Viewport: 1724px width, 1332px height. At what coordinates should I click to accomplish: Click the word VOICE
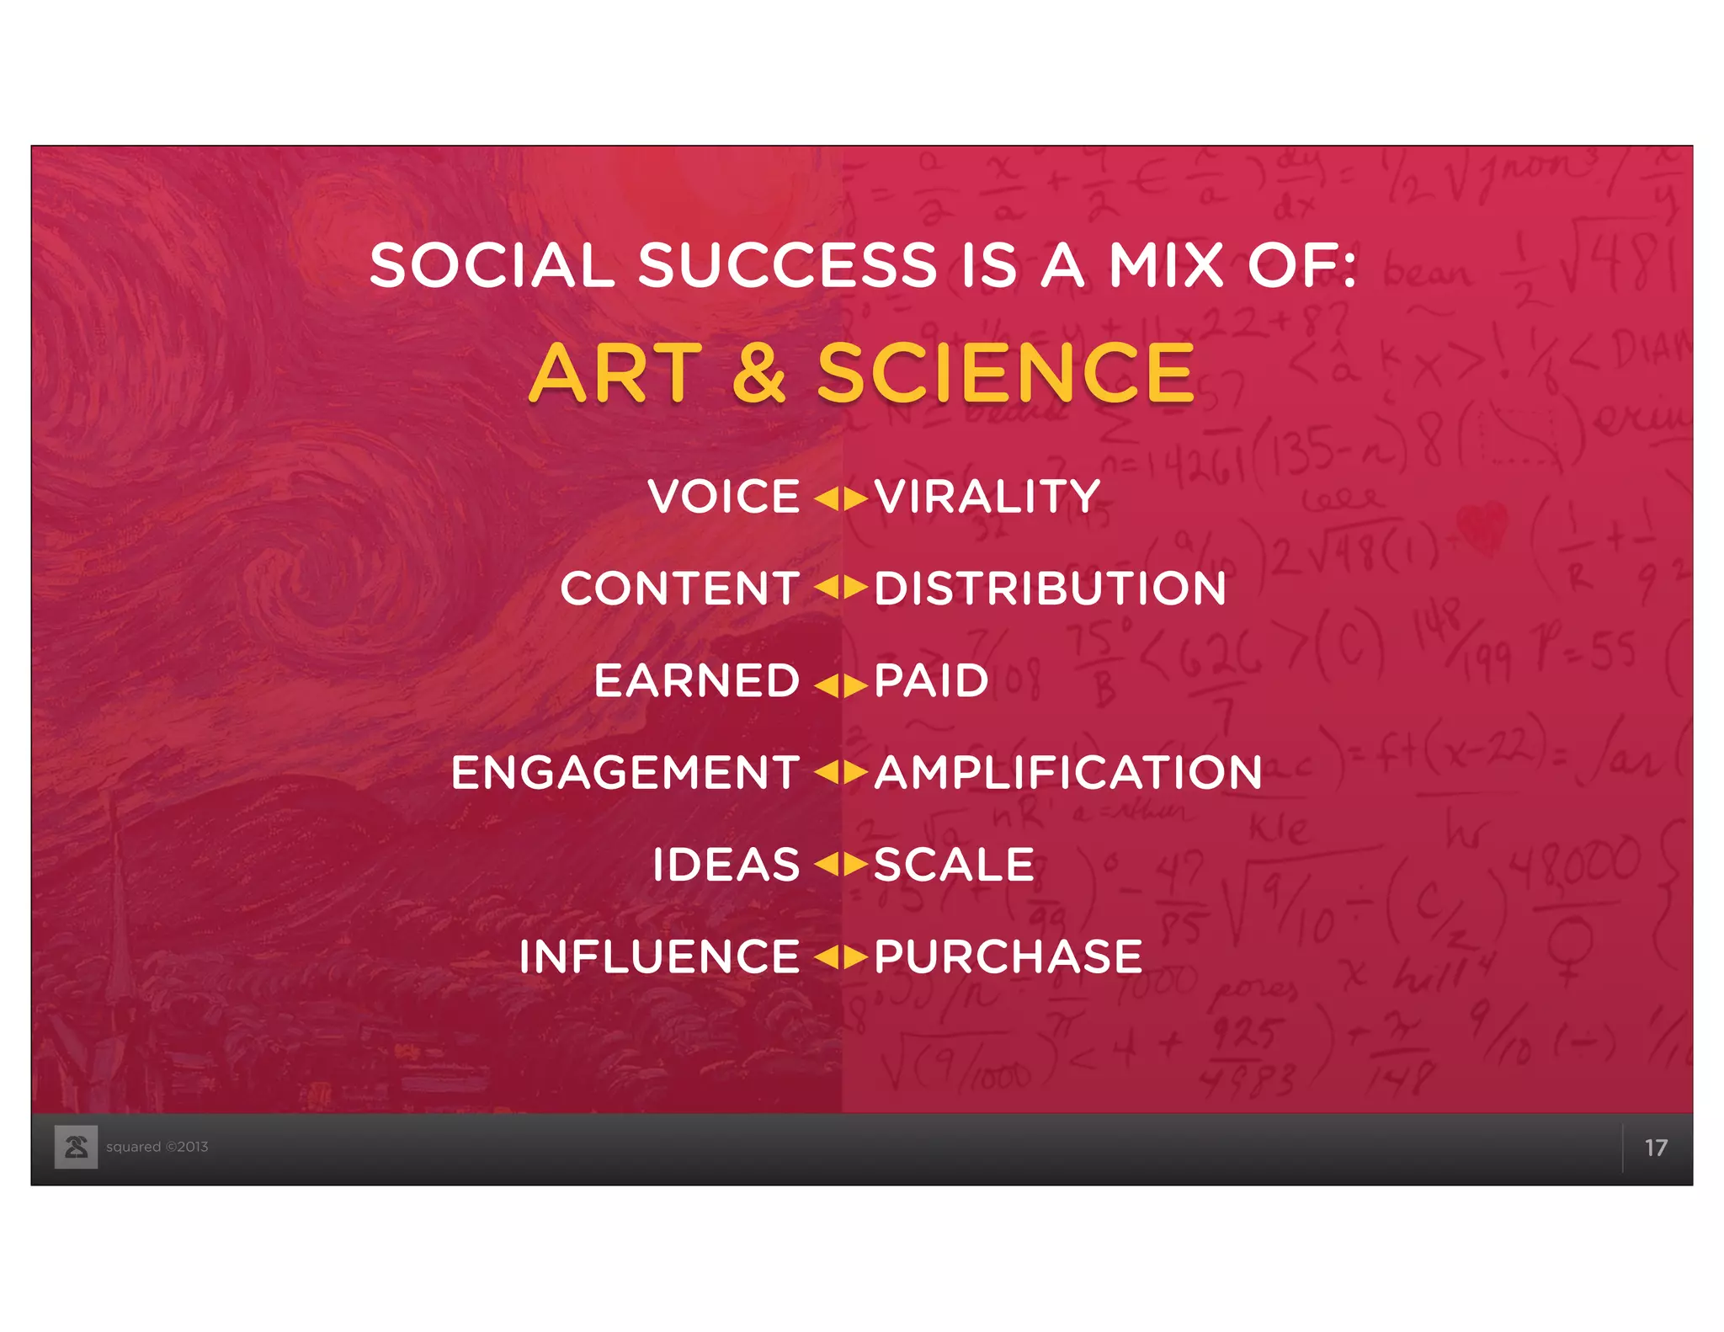pos(723,496)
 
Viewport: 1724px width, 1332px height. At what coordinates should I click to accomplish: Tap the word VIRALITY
pos(987,496)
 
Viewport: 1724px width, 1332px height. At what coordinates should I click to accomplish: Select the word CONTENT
pos(679,588)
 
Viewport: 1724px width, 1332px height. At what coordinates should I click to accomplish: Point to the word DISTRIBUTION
pos(1050,588)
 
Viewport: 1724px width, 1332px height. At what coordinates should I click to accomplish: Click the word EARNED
pos(696,680)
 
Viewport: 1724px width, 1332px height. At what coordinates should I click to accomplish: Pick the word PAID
pos(931,680)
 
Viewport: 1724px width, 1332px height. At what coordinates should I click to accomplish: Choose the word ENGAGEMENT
pos(625,772)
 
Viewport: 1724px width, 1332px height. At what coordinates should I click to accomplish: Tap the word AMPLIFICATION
pos(1068,772)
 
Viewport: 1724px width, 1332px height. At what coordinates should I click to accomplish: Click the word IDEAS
pos(726,865)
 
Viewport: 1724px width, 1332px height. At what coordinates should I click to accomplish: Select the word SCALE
pos(954,865)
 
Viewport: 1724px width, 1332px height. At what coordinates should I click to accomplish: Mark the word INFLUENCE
pos(659,956)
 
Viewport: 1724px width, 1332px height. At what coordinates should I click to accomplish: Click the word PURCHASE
pos(1008,956)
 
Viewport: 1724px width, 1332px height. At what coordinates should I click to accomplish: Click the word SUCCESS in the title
pos(787,265)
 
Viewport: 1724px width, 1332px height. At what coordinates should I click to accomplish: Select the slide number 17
pos(1655,1148)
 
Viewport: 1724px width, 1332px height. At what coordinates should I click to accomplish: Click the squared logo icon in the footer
pos(77,1147)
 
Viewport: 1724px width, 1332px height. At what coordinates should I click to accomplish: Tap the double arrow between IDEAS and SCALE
pos(841,865)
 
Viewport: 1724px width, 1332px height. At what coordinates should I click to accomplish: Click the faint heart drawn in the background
pos(1482,527)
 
